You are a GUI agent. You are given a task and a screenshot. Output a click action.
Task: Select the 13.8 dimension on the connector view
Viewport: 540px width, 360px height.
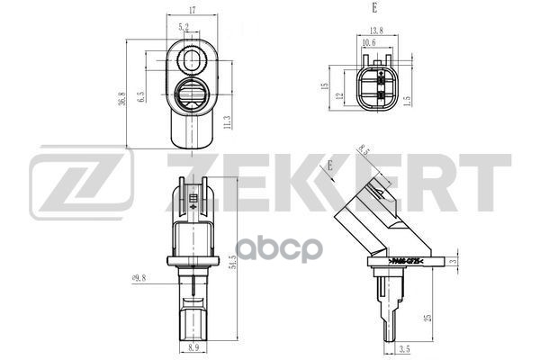pyautogui.click(x=375, y=31)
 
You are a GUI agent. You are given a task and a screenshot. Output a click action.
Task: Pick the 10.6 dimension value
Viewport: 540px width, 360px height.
pyautogui.click(x=368, y=42)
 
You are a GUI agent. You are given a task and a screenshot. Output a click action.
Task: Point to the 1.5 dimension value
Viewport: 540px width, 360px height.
pyautogui.click(x=407, y=100)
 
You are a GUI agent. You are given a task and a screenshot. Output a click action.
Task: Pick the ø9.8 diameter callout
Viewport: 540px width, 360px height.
pyautogui.click(x=139, y=280)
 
